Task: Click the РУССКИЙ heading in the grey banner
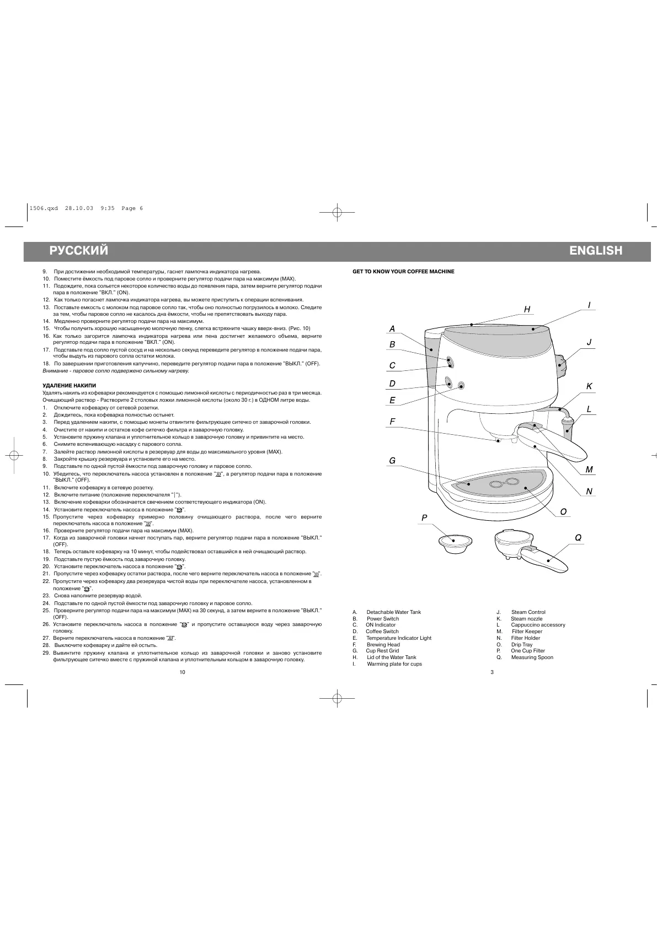79,251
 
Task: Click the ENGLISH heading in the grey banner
596,251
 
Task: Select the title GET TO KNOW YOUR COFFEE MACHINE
403,272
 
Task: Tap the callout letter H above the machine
527,310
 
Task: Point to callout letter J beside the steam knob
589,342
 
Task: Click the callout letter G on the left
392,461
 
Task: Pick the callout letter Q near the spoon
578,537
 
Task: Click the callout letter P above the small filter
424,517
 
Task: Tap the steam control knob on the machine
562,364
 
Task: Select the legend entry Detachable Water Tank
393,612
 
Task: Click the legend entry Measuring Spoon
532,657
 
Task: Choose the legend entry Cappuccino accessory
538,625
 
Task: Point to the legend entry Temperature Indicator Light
399,638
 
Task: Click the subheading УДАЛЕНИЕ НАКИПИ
70,385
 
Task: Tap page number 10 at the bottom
183,672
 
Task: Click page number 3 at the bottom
492,672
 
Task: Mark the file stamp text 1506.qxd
42,208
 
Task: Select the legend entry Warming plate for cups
394,664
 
